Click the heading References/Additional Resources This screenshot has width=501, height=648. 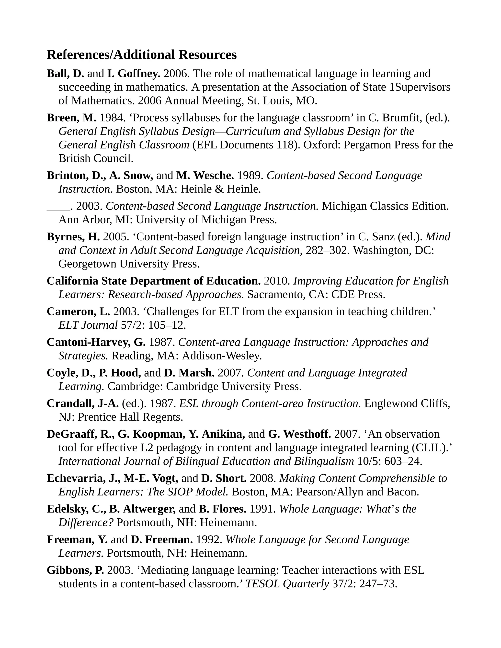point(142,55)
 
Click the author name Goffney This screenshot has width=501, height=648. point(139,74)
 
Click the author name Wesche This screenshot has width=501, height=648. point(213,176)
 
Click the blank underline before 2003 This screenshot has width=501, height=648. point(58,206)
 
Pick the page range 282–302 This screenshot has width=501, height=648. point(326,250)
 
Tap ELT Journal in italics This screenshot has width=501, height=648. point(88,325)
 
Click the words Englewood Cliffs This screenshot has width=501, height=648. point(407,403)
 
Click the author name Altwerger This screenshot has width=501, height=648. point(149,509)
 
